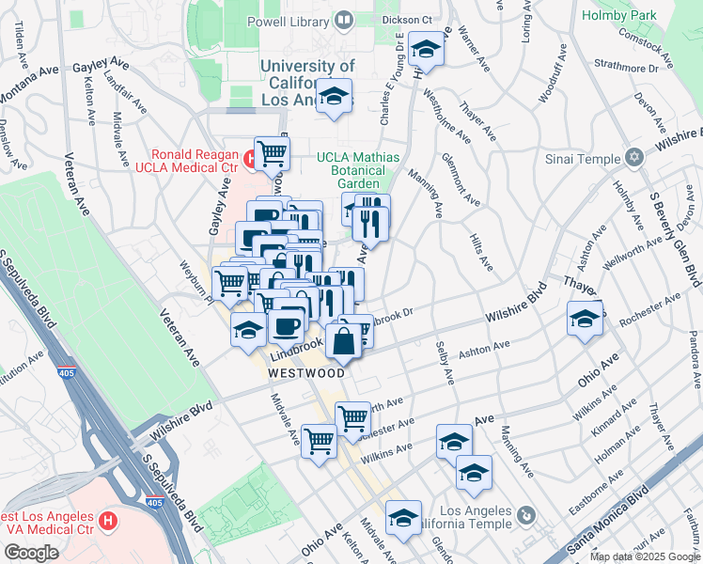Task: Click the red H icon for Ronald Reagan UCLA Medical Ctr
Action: [249, 159]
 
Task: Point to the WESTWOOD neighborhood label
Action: [306, 372]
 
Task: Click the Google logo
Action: [32, 553]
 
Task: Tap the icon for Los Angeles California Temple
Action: [524, 516]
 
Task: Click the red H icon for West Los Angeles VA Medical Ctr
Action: [108, 519]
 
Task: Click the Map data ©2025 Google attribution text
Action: [645, 556]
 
